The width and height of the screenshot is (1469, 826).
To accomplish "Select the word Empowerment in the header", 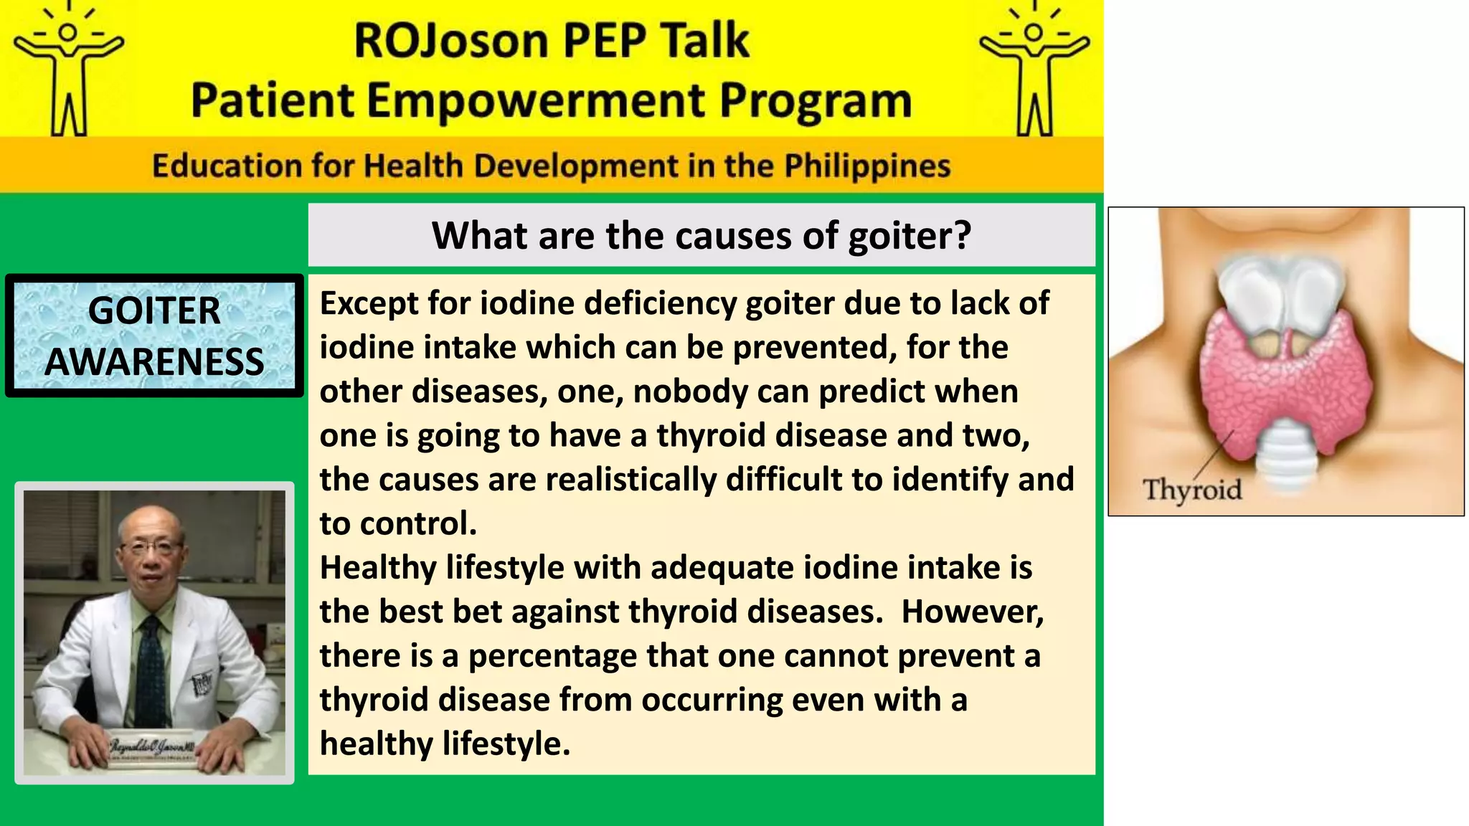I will pyautogui.click(x=537, y=100).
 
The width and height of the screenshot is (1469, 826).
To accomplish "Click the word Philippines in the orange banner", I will pyautogui.click(x=866, y=166).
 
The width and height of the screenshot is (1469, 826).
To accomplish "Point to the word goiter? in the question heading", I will pyautogui.click(x=910, y=235).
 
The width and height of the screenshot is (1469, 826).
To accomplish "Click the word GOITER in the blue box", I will pyautogui.click(x=154, y=310).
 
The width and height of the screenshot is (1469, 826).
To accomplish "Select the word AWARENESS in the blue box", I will pyautogui.click(x=154, y=361).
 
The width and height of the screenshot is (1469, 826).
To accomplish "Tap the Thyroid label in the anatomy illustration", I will pyautogui.click(x=1192, y=490).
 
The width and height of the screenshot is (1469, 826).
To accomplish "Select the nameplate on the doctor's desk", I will pyautogui.click(x=152, y=748).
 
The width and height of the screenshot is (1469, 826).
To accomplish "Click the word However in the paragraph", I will pyautogui.click(x=971, y=612).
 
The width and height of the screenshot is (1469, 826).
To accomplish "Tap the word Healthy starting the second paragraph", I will pyautogui.click(x=377, y=568).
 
